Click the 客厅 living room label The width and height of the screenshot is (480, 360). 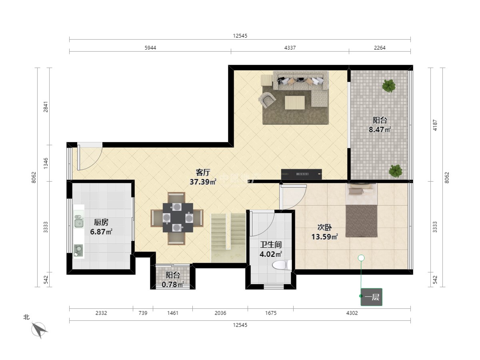click(x=203, y=172)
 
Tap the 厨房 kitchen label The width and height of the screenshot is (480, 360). click(x=101, y=222)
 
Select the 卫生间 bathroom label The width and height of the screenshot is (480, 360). click(x=271, y=244)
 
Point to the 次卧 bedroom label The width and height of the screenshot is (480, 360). click(x=324, y=227)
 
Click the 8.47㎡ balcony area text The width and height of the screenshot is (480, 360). click(x=380, y=130)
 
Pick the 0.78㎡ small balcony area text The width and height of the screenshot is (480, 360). click(x=172, y=284)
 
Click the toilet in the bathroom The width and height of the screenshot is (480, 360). click(x=282, y=265)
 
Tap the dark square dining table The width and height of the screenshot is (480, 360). click(x=178, y=218)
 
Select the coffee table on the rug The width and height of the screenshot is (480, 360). click(x=295, y=102)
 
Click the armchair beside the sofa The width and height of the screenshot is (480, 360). click(x=267, y=100)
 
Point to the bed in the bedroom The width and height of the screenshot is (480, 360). click(x=361, y=210)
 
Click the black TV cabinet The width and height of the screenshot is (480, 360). click(x=301, y=174)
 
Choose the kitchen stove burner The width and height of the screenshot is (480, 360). click(x=78, y=250)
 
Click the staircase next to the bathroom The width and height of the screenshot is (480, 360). click(x=228, y=238)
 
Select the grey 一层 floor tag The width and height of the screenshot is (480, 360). click(x=371, y=297)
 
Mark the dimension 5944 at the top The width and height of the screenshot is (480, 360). click(x=150, y=48)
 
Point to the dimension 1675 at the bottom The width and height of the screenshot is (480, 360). click(x=271, y=313)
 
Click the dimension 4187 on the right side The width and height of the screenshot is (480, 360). click(x=435, y=125)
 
